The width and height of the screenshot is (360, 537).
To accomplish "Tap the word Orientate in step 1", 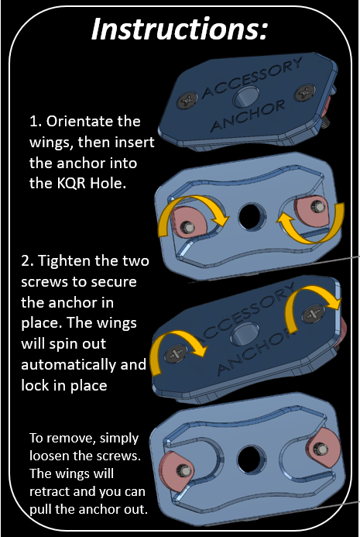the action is pyautogui.click(x=93, y=121).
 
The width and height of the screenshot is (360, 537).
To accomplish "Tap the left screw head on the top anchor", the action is pyautogui.click(x=187, y=100).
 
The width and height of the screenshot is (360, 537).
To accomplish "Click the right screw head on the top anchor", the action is pyautogui.click(x=304, y=92).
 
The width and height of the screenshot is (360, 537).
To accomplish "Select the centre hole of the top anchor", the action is pyautogui.click(x=245, y=97).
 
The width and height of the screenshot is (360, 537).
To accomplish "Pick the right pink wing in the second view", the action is pyautogui.click(x=312, y=211).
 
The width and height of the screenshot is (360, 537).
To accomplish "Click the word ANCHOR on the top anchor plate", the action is pyautogui.click(x=249, y=115).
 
